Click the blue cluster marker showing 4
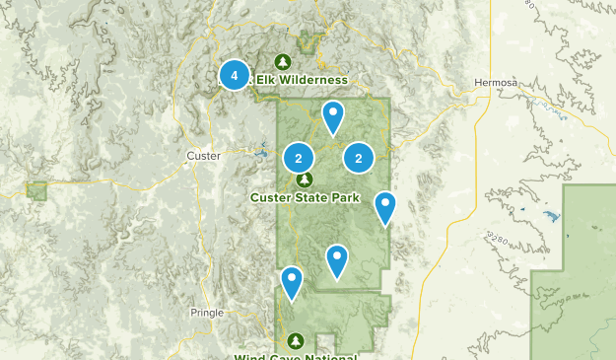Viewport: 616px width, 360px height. coord(234,74)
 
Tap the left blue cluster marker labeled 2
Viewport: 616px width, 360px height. coord(298,158)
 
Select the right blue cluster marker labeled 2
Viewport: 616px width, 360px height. coord(359,158)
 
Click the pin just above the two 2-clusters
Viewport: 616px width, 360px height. coord(334,116)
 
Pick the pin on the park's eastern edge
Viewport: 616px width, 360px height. coord(385,207)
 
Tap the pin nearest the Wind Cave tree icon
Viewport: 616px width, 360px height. coord(292,282)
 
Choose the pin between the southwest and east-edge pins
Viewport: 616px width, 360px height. coord(337,260)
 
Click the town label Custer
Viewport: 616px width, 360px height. coord(203,156)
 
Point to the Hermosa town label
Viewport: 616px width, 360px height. coord(495,83)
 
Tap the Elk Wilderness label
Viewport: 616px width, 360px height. coord(302,79)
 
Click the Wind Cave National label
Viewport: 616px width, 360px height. coord(296,356)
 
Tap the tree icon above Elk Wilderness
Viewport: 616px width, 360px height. coord(283,61)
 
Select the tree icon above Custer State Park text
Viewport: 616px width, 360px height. coord(305,180)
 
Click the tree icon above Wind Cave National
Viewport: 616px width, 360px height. coord(292,339)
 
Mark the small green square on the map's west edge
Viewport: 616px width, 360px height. coord(37,190)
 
